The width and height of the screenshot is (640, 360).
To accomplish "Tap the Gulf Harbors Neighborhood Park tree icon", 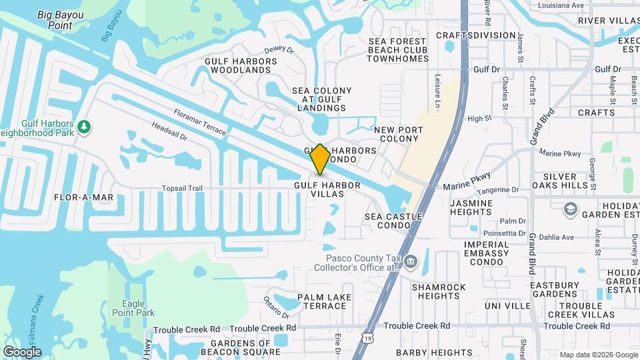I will click(x=84, y=126).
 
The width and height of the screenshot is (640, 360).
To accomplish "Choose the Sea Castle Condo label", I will click(x=393, y=221).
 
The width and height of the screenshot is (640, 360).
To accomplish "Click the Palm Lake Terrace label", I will click(x=322, y=301).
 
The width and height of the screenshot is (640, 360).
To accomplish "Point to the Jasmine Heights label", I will click(x=471, y=207).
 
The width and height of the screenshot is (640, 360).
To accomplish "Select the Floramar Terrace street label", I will click(x=199, y=123).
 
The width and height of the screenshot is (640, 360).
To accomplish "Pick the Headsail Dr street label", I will click(x=169, y=131).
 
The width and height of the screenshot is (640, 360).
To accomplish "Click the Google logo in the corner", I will click(x=22, y=351).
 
